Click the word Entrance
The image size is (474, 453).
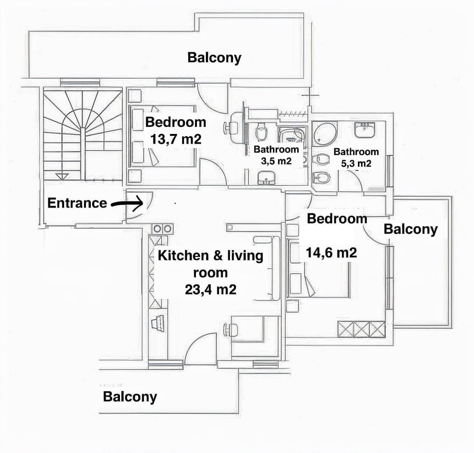[77, 203]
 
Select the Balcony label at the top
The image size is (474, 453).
[214, 57]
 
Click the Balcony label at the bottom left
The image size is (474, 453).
[130, 397]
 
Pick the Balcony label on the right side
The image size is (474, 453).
[410, 229]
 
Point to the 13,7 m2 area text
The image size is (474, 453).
[176, 139]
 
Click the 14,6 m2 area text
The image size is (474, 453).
[331, 253]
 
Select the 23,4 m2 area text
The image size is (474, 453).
[210, 289]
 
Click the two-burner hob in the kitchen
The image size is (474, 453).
[162, 229]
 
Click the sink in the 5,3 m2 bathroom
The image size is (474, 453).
[365, 130]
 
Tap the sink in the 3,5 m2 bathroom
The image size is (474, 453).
[267, 177]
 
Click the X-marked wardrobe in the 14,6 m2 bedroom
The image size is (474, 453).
[361, 329]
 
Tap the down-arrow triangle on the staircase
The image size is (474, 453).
[62, 176]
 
